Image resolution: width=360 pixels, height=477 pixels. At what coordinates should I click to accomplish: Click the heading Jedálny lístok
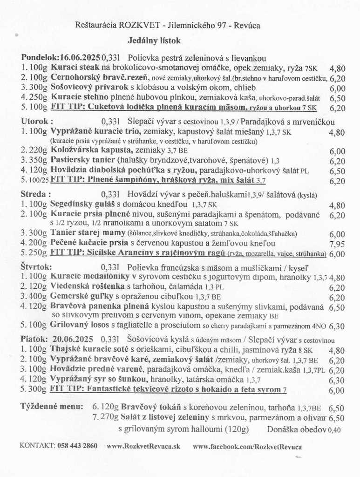pos(154,41)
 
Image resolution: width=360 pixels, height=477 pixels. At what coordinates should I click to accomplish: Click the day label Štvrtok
pos(35,267)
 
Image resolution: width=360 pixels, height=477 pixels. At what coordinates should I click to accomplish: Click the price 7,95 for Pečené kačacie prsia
pos(337,244)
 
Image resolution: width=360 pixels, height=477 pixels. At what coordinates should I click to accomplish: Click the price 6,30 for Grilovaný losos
pos(337,327)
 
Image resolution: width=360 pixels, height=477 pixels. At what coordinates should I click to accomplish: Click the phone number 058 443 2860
pos(77,446)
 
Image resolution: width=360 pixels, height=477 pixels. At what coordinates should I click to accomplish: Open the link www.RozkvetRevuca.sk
pos(143,446)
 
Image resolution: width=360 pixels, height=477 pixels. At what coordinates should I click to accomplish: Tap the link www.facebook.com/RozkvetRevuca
pos(247,446)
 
